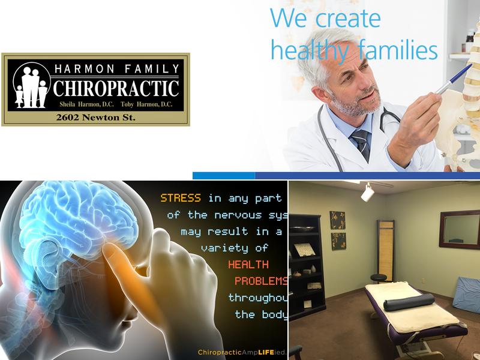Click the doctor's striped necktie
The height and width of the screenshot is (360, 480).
[x=361, y=145]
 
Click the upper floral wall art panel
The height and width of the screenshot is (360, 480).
[x=338, y=220]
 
